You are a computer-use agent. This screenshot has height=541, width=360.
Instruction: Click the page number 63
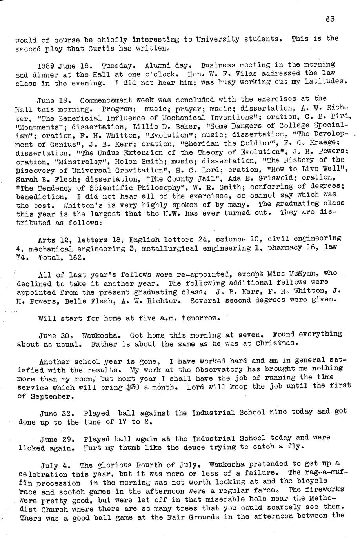pyautogui.click(x=330, y=18)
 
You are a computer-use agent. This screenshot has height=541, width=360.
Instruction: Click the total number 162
pyautogui.click(x=76, y=258)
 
